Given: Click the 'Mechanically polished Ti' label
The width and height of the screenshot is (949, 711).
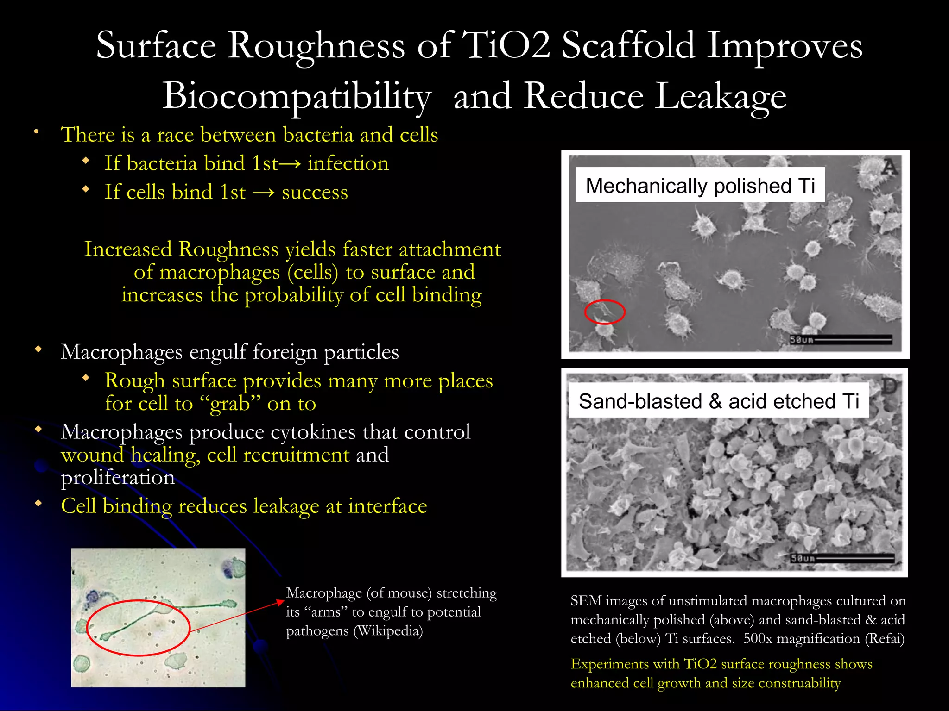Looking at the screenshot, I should pos(700,185).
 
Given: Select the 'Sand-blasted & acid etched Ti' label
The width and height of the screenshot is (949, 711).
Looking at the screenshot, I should pos(719,401).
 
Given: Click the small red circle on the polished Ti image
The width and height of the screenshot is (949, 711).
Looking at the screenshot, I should pos(605,312).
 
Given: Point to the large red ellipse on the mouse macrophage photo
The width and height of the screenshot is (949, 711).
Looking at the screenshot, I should pos(139,628).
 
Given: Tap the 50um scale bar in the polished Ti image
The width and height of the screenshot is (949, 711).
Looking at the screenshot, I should pos(841,340).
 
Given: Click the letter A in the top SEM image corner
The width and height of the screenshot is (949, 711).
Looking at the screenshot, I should pos(889,167).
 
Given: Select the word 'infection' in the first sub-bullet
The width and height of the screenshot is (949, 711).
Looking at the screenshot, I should pos(348,163).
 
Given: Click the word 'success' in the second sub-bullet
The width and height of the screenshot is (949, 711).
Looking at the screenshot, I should pos(315,192).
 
